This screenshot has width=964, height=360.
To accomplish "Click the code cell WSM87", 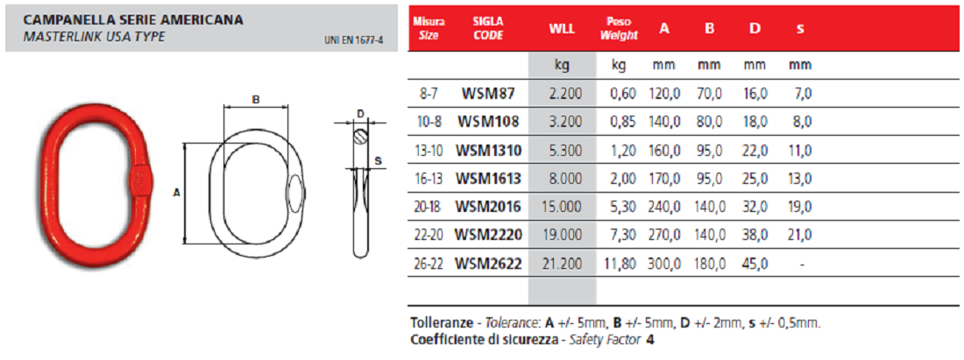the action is click(487, 94).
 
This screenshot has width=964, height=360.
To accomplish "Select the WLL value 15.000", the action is click(561, 207).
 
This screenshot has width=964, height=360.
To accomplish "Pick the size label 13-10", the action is click(429, 151).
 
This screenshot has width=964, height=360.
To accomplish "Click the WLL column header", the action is click(561, 29).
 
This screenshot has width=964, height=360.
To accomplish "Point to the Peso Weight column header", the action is click(619, 29).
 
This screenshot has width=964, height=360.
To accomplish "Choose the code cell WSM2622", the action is click(487, 264).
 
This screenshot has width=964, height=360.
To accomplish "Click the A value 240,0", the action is click(664, 207).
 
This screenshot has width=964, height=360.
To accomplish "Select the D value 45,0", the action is click(755, 264).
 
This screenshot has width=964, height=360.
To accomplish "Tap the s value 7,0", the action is click(804, 94).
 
